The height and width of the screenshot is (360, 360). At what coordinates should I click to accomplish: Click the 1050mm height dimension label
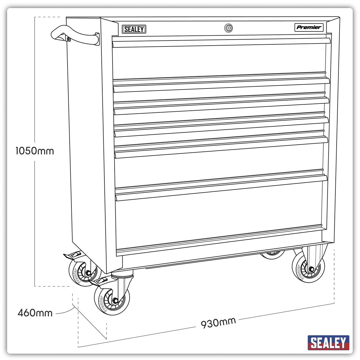[x=35, y=151]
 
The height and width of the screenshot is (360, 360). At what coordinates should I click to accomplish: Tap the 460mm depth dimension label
[x=35, y=313]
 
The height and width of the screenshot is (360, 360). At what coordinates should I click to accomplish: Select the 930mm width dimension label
[x=218, y=323]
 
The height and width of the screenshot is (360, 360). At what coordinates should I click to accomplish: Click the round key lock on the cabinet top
[x=229, y=28]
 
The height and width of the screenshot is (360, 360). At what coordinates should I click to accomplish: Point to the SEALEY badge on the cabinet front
[x=134, y=29]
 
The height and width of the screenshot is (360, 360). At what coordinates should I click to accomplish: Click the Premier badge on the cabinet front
[x=309, y=27]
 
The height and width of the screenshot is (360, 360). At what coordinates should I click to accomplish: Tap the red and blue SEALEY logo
[x=328, y=343]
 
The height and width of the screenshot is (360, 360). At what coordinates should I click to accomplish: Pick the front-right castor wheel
[x=308, y=267]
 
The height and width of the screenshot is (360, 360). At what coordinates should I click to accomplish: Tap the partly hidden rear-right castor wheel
[x=272, y=255]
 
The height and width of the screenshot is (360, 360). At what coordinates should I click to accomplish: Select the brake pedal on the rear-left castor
[x=73, y=255]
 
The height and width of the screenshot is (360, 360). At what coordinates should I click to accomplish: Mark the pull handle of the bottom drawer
[x=221, y=187]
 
